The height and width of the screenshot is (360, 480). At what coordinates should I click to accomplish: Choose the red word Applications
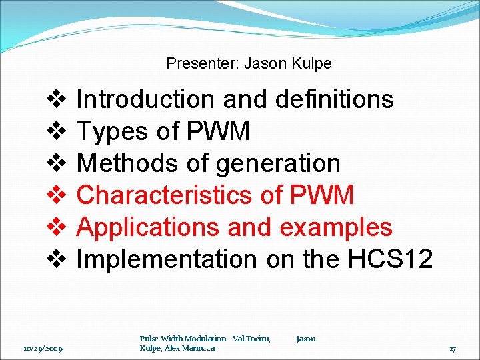click(x=148, y=227)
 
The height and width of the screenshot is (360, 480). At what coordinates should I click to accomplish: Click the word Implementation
click(x=166, y=259)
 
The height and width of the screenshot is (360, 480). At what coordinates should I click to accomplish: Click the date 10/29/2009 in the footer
click(x=43, y=348)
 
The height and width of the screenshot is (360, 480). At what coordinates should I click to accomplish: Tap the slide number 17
click(x=452, y=348)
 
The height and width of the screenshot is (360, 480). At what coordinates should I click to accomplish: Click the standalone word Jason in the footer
click(x=306, y=339)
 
